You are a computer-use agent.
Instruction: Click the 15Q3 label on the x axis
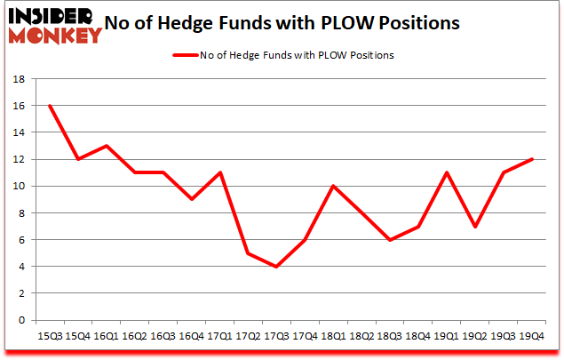50,338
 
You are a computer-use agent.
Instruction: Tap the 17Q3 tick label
276,338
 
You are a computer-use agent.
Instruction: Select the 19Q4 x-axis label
531,338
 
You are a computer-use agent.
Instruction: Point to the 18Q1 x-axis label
333,338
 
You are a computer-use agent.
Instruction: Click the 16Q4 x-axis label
191,338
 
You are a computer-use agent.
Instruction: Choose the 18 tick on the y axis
20,78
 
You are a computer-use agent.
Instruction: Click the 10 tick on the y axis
20,186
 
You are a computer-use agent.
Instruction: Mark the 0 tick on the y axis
22,320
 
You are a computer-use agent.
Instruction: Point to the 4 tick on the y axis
22,266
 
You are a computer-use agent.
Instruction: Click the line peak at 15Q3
50,105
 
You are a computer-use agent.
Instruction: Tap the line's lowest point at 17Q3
276,266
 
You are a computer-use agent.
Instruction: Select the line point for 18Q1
333,186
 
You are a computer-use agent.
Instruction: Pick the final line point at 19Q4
531,159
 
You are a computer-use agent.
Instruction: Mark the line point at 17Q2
248,252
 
